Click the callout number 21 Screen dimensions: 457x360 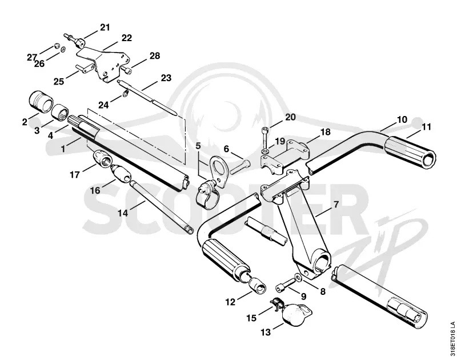105,27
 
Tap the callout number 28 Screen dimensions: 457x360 155,55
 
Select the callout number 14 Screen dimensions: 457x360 123,213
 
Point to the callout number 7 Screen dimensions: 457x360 336,205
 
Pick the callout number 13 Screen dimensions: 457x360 266,332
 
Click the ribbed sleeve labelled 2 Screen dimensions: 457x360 41,102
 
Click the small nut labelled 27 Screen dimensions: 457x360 57,46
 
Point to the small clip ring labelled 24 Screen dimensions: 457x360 126,93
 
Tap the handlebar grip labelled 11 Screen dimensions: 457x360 410,152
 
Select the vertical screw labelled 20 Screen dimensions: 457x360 265,138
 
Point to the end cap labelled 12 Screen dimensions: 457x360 258,285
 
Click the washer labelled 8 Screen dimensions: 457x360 298,277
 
